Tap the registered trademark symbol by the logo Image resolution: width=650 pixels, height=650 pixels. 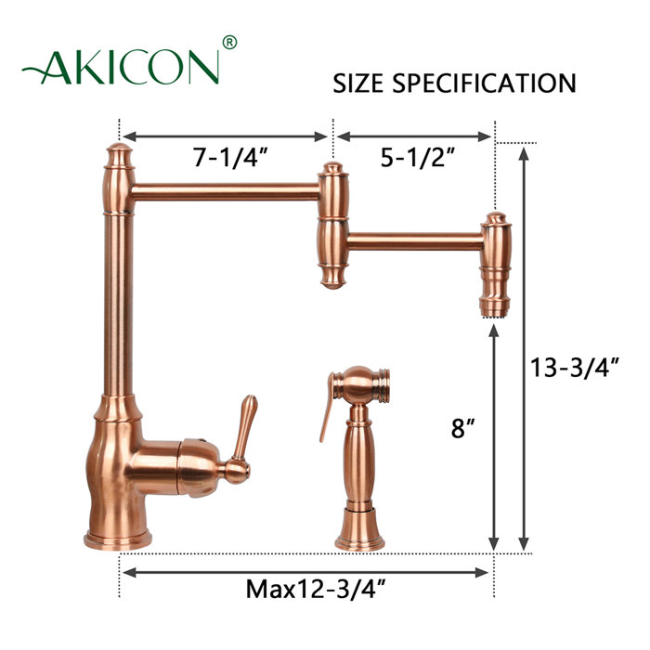(230, 42)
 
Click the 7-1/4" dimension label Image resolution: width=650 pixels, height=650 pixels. (230, 157)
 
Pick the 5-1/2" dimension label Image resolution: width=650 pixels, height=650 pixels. (414, 157)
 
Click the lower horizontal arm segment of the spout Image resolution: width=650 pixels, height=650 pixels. (414, 240)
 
